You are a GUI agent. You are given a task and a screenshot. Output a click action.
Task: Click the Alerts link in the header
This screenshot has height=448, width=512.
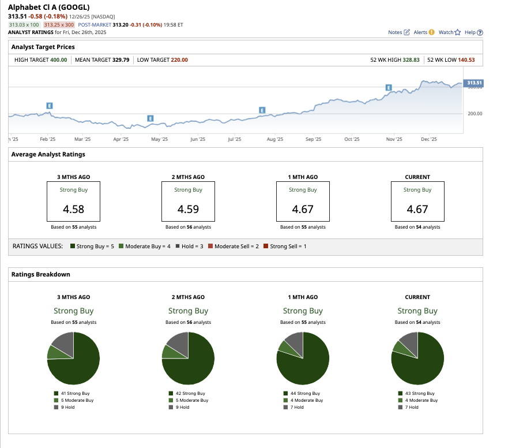coord(424,32)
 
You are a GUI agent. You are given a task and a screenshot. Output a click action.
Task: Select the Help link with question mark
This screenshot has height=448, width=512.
coord(473,32)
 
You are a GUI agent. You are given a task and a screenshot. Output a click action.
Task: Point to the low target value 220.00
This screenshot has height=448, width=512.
coord(179,60)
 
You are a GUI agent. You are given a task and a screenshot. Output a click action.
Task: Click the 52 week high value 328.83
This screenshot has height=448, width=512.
coord(410,60)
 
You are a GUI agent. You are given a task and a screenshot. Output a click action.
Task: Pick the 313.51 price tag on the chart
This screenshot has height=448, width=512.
coord(474,83)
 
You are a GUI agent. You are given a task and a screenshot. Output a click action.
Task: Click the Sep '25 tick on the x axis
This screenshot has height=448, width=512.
coord(313,139)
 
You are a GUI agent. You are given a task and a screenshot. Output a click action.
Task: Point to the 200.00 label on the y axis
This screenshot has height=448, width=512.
coord(475,114)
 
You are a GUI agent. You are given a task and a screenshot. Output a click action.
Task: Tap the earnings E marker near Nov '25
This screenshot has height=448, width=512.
coord(389,88)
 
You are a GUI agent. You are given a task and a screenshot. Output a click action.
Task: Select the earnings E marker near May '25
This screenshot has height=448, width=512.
coord(150,118)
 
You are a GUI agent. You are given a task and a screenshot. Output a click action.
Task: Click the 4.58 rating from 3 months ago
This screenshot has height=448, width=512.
coord(73,209)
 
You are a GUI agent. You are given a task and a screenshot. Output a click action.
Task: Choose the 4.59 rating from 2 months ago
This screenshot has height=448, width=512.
coord(188,209)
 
